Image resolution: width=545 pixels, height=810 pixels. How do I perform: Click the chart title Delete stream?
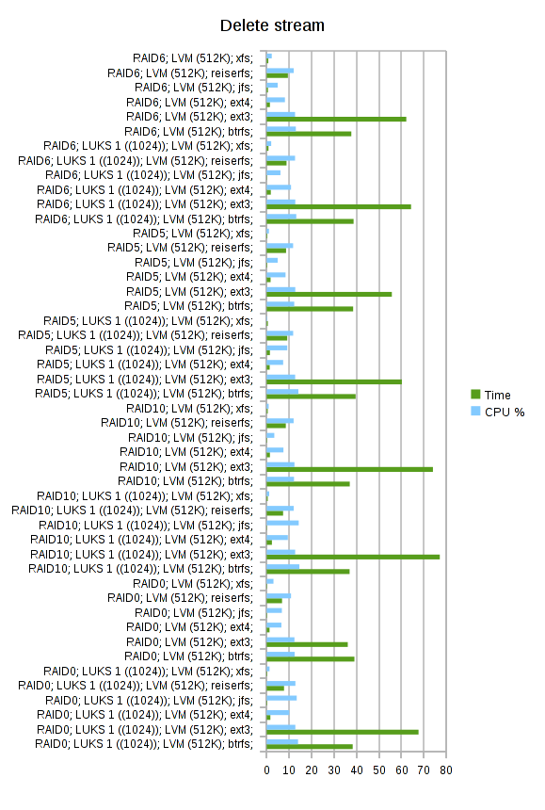tap(272, 25)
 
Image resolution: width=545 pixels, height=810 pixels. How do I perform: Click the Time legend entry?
tap(490, 395)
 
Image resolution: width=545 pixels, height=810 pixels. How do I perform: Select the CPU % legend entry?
tap(498, 412)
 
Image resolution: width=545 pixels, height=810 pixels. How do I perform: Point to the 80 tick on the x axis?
tap(446, 770)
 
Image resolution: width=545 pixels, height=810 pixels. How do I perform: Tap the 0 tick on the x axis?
tap(266, 770)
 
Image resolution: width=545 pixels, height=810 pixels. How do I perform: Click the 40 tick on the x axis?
tap(356, 770)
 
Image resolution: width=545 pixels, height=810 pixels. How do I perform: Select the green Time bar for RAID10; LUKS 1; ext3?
tap(353, 557)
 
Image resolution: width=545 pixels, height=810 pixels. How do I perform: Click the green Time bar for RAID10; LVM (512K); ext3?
tap(349, 469)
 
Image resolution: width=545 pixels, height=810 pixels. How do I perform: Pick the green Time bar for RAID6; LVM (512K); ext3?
tap(336, 119)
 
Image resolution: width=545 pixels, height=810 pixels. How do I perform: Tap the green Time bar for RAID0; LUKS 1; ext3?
tap(343, 732)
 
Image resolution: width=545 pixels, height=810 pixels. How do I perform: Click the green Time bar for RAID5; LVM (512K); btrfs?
tap(310, 309)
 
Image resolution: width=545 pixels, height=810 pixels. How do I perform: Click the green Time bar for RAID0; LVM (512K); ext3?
tap(307, 644)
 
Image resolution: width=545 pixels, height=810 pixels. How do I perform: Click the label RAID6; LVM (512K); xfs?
tap(193, 58)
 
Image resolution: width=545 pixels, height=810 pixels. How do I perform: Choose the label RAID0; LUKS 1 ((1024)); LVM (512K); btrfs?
tap(144, 744)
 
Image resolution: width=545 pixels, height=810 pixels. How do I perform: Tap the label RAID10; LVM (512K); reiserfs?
tap(177, 423)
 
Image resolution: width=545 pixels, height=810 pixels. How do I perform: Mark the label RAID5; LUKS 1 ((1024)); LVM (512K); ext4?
tap(145, 364)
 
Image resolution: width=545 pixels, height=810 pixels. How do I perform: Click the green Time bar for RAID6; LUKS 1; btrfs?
tap(310, 221)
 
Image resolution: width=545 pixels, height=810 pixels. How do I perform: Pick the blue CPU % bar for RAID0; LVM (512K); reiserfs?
tap(279, 595)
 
